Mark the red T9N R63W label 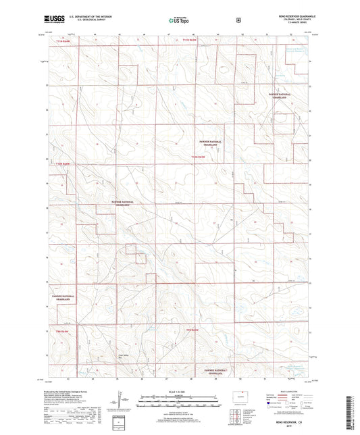tap(191, 330)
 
